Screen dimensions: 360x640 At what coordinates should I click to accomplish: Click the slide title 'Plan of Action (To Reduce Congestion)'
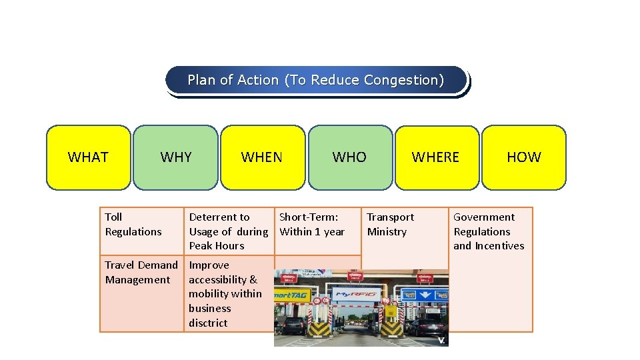tap(315, 80)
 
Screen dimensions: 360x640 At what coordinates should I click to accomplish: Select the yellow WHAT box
tap(88, 157)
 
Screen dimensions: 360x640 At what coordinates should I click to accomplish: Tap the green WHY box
tap(175, 157)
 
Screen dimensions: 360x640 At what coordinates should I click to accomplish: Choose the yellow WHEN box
tap(262, 157)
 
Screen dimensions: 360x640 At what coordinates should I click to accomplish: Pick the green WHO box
tap(350, 157)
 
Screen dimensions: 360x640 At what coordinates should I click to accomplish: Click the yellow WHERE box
tap(436, 157)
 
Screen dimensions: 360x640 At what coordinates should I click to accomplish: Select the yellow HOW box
tap(523, 157)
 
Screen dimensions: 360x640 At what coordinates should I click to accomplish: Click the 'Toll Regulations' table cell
tap(134, 225)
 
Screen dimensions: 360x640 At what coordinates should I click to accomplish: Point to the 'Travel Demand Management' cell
tap(141, 273)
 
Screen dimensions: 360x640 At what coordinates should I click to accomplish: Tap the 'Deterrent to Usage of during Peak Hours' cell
tap(228, 231)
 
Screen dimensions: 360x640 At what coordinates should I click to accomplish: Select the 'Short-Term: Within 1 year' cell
tap(312, 225)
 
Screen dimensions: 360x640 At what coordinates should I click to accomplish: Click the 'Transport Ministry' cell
tap(391, 225)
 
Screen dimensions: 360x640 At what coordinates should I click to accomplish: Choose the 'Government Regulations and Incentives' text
tap(489, 231)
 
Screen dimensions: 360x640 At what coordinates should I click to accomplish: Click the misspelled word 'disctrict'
tap(208, 323)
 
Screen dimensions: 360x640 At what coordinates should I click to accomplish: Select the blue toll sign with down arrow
tap(423, 295)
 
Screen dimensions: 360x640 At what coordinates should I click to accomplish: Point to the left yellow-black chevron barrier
tap(318, 327)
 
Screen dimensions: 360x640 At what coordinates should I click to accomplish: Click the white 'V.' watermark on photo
tap(441, 340)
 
